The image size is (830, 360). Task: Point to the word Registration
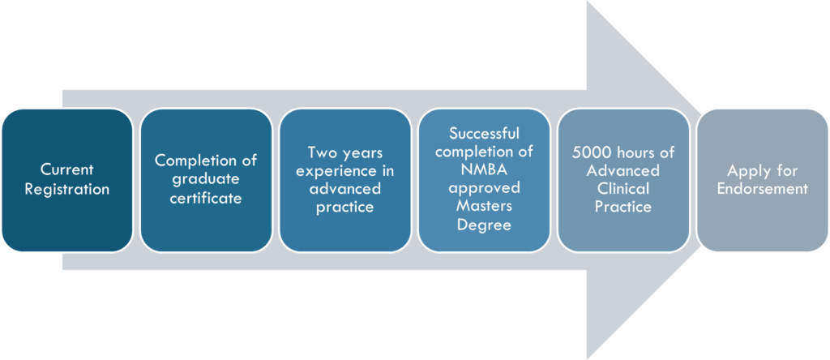pos(66,189)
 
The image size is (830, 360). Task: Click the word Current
pos(66,170)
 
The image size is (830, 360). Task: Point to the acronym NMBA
pos(485,169)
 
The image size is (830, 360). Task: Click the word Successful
pos(485,132)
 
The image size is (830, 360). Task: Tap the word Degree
pos(485,225)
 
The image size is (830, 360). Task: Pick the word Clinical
pos(623,189)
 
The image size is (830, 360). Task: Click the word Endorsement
pos(762,189)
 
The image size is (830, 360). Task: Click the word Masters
pos(485,206)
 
